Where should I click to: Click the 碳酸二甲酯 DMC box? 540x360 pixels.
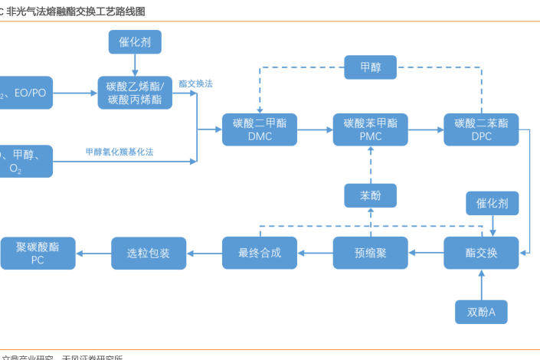pos(260,130)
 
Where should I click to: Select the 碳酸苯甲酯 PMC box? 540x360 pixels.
pos(371,130)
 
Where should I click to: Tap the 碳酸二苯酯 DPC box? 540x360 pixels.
pos(481,130)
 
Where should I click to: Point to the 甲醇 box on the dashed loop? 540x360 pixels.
pos(371,67)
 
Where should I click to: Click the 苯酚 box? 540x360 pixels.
pos(371,195)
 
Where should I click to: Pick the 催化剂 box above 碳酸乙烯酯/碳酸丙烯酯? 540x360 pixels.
pos(135,42)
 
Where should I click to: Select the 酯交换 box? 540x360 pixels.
pos(482,253)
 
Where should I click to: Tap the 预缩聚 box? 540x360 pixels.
pos(371,253)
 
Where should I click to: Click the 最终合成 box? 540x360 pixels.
pos(260,253)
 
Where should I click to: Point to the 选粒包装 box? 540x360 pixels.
pos(149,253)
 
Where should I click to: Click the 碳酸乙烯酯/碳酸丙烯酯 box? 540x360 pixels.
pos(135,93)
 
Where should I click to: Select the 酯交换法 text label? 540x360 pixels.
pos(195,83)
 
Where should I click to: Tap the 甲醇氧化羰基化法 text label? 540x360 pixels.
pos(119,152)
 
